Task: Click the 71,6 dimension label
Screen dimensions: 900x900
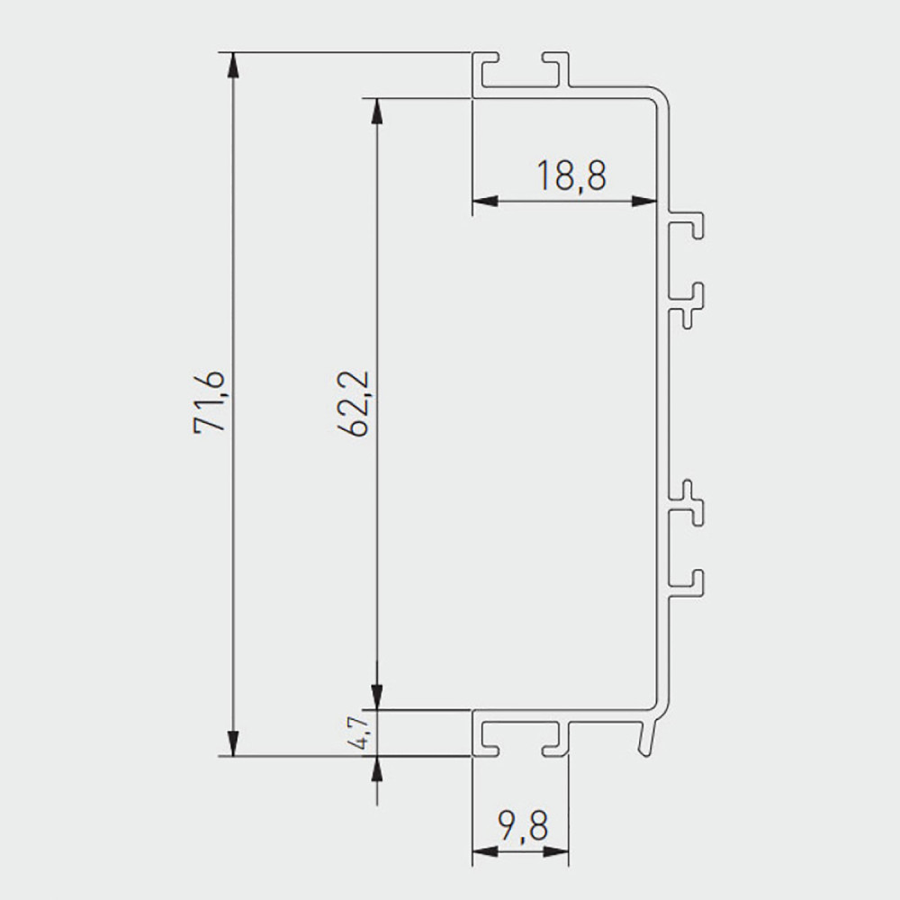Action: [210, 401]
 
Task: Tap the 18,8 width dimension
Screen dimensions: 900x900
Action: [571, 175]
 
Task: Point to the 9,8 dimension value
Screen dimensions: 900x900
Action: [524, 825]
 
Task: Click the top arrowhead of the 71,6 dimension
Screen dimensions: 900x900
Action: [233, 64]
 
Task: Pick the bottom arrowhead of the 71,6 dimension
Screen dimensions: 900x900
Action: [233, 744]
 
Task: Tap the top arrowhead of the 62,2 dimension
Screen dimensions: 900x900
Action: [376, 111]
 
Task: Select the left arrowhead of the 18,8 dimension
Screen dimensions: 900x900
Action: [484, 201]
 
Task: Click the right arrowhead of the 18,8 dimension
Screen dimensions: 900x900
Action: [644, 201]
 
